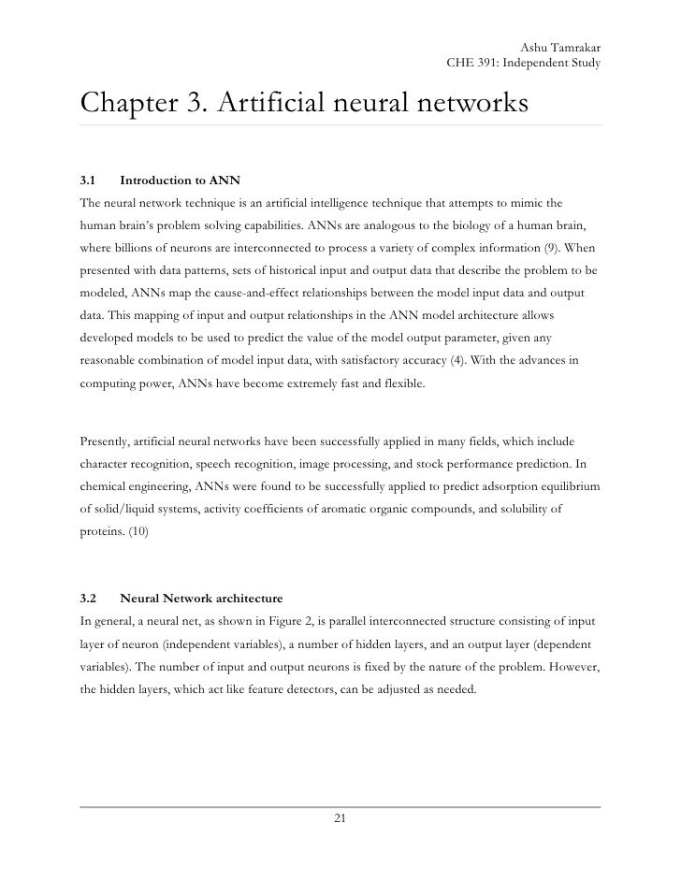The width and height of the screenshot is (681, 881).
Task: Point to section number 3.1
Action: (x=89, y=179)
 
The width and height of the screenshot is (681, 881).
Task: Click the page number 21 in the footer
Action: (x=340, y=819)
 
